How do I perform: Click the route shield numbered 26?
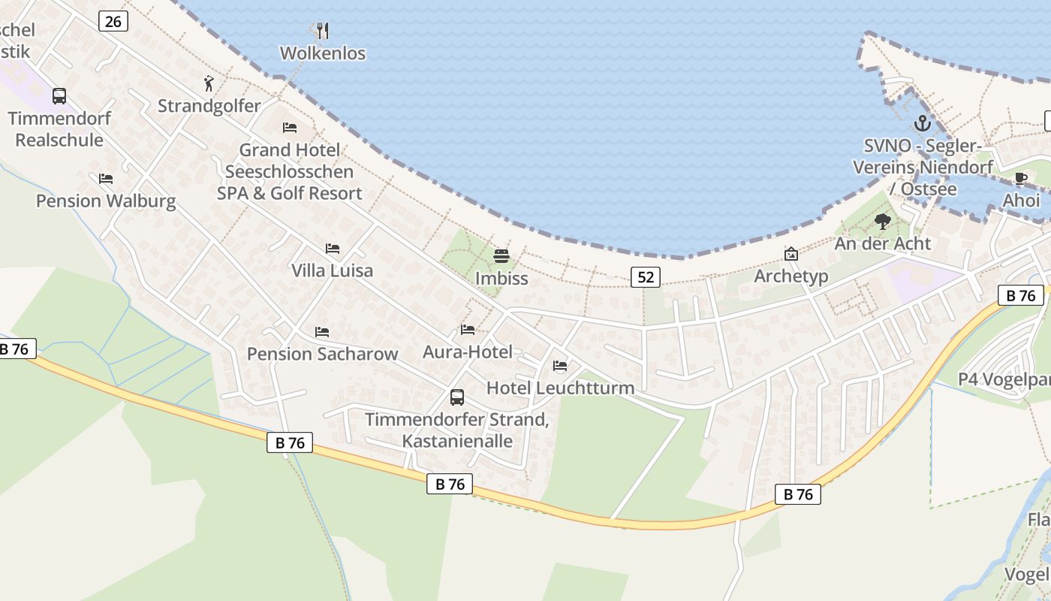coord(113,21)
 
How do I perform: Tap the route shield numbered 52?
coord(645,277)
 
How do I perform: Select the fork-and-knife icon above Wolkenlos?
coord(323,31)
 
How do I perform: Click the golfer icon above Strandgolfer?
coord(209,83)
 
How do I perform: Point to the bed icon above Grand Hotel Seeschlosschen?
coord(290,127)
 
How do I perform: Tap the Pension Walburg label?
coord(106,201)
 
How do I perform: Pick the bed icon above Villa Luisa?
coord(332,248)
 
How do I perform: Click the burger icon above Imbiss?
coord(501,256)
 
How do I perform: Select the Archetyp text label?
coord(791,276)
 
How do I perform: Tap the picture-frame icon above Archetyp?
coord(791,254)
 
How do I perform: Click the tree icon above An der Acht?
coord(883,221)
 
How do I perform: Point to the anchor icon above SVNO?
coord(922,123)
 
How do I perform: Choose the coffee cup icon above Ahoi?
coord(1021,179)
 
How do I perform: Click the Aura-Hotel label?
coord(468,352)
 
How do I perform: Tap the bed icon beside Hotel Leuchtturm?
coord(559,366)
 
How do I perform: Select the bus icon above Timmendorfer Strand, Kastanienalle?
coord(456,397)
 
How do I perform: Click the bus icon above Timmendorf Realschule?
coord(59,96)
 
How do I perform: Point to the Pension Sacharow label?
coord(323,354)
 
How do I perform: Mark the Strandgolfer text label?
coord(209,106)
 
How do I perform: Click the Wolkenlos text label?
coord(323,53)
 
